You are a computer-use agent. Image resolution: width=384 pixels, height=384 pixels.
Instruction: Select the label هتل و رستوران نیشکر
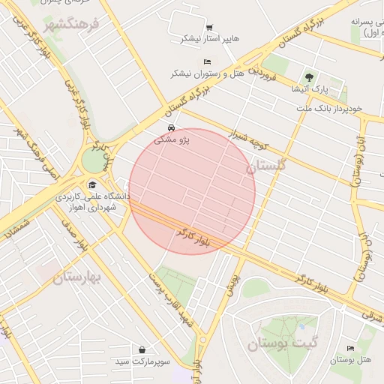point(208,73)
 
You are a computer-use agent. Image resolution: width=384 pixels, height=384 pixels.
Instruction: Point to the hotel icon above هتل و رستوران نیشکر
point(208,61)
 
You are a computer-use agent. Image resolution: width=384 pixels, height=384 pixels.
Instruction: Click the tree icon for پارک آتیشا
point(308,77)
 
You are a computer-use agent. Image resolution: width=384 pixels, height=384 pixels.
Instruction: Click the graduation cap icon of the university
point(92,185)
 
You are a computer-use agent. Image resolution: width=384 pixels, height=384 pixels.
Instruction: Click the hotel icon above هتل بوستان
point(351,349)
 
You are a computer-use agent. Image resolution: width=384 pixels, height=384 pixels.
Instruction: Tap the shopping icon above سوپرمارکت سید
point(142,349)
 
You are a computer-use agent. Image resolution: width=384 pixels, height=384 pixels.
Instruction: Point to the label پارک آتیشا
point(308,88)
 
